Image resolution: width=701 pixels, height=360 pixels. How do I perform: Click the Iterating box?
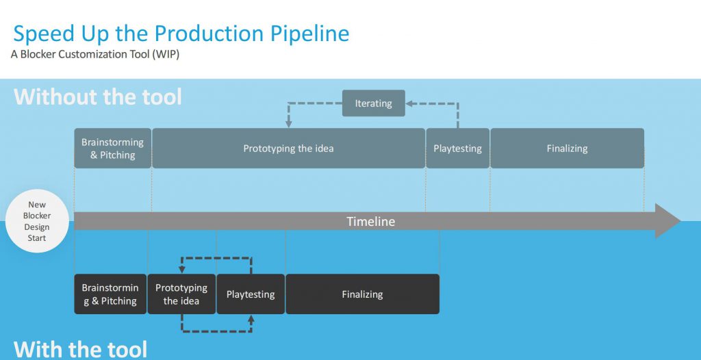(x=373, y=103)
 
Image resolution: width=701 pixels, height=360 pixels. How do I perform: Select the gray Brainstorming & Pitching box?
(x=113, y=149)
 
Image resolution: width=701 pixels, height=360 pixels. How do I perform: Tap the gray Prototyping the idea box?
(x=288, y=149)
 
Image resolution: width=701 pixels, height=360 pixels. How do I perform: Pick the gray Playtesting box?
(x=457, y=149)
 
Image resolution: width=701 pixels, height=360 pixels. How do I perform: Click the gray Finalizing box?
(x=567, y=149)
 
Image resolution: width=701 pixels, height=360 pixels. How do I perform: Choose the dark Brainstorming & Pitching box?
(x=110, y=294)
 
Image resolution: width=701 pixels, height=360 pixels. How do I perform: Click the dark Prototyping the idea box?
(x=181, y=294)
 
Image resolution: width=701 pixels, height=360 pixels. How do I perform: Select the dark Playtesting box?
(x=251, y=294)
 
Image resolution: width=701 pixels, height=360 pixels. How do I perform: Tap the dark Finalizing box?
(x=362, y=294)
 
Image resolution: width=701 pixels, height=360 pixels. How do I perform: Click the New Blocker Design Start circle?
(x=37, y=221)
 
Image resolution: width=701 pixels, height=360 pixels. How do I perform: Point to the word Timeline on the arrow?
(x=370, y=221)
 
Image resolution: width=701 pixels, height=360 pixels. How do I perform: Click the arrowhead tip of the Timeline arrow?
(x=680, y=221)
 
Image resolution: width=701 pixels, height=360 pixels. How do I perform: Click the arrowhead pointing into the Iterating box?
(x=409, y=104)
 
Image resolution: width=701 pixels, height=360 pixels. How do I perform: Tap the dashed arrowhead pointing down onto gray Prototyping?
(x=288, y=123)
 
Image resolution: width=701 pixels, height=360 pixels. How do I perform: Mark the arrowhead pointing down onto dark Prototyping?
(x=181, y=269)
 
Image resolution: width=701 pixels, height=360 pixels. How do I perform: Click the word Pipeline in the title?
(x=309, y=34)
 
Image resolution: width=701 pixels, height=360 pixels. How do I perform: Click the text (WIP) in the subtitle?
(x=166, y=55)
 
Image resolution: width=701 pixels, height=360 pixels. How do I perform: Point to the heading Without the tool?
(x=98, y=97)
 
